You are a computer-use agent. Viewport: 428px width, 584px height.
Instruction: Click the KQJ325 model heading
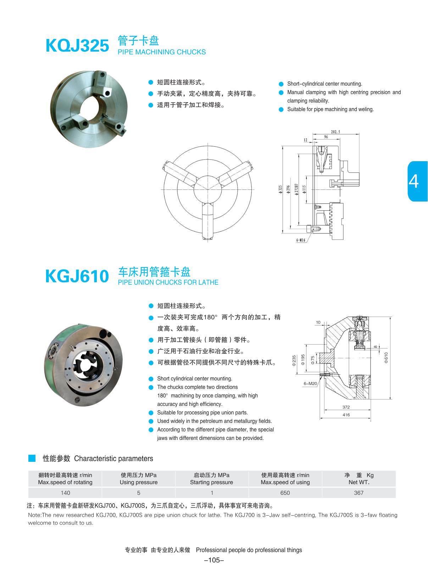[x=77, y=46]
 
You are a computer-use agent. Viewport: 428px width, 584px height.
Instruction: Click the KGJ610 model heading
[x=77, y=276]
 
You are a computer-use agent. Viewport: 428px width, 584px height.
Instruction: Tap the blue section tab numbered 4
[x=418, y=181]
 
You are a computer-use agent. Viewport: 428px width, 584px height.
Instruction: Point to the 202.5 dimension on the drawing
[x=335, y=132]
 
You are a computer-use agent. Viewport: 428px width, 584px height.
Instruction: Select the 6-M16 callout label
[x=301, y=240]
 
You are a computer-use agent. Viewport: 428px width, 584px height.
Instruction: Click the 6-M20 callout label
[x=310, y=384]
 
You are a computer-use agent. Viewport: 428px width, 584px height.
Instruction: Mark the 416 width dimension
[x=346, y=415]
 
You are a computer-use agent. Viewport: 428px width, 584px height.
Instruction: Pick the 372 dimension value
[x=346, y=407]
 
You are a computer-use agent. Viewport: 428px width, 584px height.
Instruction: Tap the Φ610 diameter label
[x=386, y=357]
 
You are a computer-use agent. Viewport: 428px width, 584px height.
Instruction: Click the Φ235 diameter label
[x=294, y=361]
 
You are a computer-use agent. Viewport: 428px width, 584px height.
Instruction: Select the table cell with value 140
[x=65, y=493]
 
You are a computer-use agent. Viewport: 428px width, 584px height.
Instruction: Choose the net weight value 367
[x=358, y=493]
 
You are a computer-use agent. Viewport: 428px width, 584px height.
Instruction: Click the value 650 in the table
[x=285, y=493]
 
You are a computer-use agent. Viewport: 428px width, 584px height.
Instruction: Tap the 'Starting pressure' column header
[x=211, y=482]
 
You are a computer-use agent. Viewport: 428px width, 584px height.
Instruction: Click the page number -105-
[x=214, y=560]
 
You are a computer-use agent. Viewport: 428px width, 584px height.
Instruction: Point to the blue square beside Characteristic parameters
[x=32, y=458]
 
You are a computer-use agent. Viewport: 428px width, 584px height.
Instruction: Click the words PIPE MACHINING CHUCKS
[x=162, y=52]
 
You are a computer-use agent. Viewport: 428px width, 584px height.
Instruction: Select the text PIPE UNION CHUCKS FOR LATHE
[x=168, y=282]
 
